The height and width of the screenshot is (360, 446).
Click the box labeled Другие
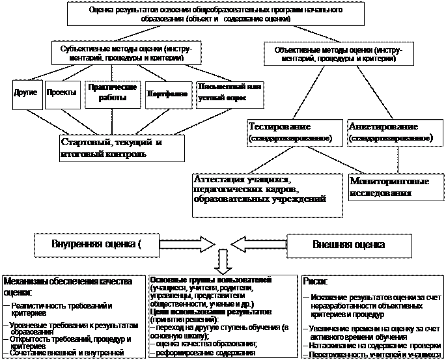click(x=25, y=93)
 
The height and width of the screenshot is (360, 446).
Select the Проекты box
click(x=62, y=93)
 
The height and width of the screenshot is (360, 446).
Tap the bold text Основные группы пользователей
click(x=211, y=279)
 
